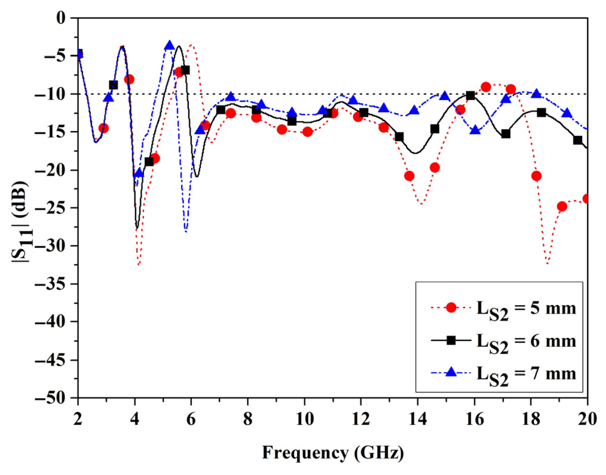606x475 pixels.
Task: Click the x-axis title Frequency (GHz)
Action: (x=333, y=453)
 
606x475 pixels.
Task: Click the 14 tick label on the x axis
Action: (x=418, y=419)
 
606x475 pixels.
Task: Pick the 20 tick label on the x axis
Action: (x=587, y=419)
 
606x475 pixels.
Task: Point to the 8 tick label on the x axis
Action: (x=248, y=419)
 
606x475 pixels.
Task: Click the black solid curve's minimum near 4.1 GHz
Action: (x=137, y=228)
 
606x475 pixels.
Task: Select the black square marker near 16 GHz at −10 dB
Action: (x=470, y=96)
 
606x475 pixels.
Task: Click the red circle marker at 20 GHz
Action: (x=586, y=199)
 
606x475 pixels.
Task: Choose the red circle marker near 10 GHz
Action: (x=307, y=132)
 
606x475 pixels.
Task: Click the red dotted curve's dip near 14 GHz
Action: (x=421, y=204)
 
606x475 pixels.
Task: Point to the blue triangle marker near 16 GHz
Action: (x=475, y=131)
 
